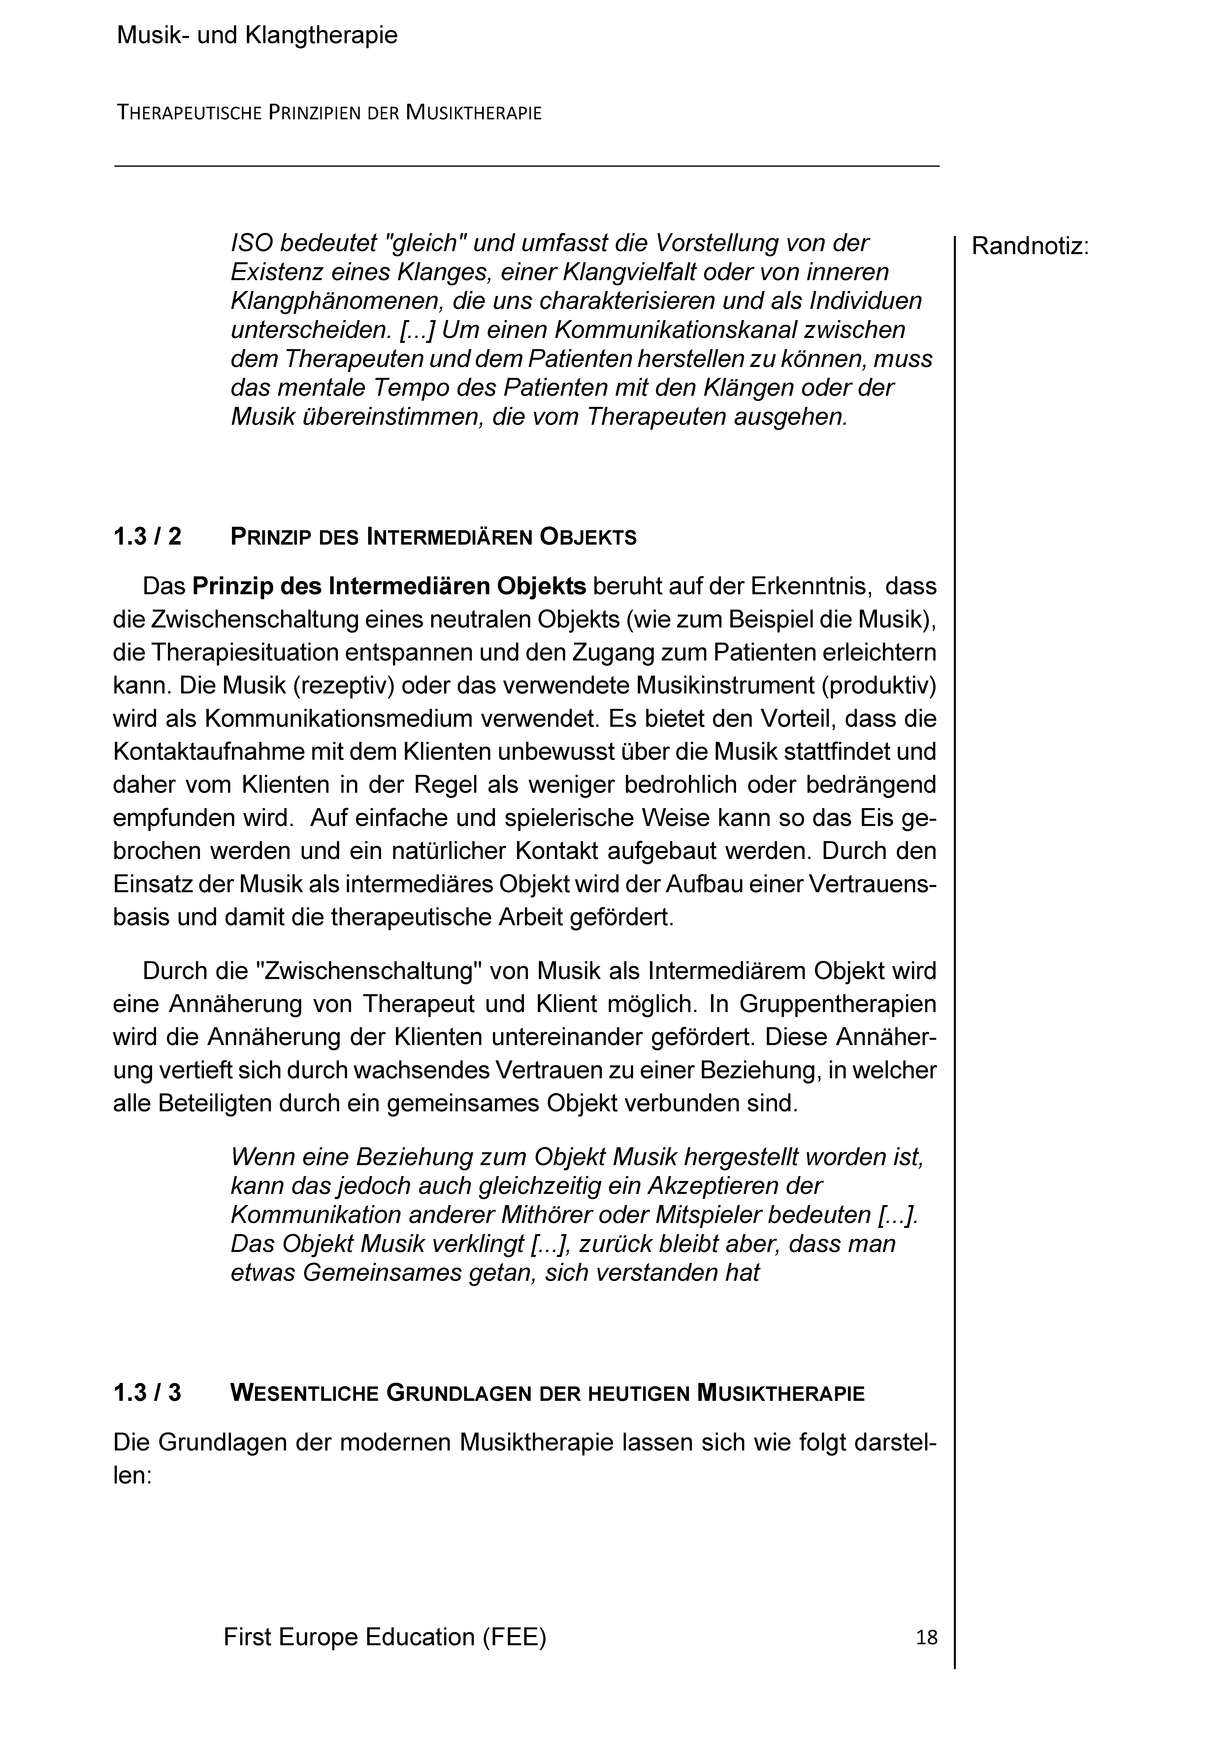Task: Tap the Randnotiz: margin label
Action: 1030,246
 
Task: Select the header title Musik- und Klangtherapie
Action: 257,36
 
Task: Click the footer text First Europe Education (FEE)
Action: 385,1636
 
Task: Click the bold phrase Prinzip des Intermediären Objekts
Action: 389,586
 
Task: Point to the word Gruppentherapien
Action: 838,1004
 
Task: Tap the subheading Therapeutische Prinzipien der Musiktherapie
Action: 329,114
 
